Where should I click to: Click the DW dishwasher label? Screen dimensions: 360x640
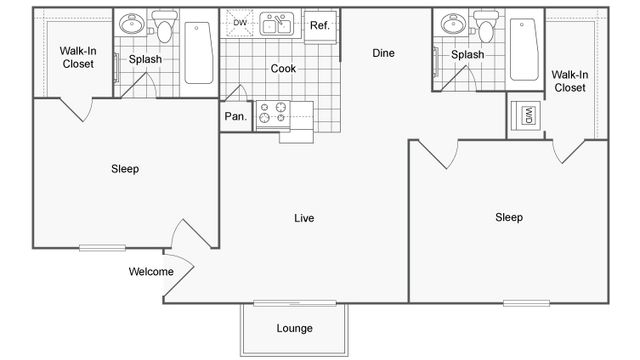click(240, 22)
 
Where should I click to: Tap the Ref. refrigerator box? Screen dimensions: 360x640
click(319, 25)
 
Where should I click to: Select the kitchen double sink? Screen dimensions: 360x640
click(276, 24)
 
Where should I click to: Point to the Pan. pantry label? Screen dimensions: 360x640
click(234, 117)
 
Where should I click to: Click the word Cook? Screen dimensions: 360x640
click(282, 69)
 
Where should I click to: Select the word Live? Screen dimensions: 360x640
click(305, 218)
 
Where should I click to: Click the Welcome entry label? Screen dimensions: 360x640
click(151, 271)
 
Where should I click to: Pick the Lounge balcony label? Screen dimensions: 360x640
click(294, 328)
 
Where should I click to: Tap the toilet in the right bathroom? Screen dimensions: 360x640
click(486, 24)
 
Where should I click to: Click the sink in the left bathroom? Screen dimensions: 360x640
click(131, 25)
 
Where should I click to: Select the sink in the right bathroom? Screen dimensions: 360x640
click(452, 25)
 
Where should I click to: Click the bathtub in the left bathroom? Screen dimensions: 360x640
click(198, 51)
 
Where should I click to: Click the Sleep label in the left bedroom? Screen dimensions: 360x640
click(125, 169)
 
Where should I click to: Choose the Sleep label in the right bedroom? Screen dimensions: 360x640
click(509, 217)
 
